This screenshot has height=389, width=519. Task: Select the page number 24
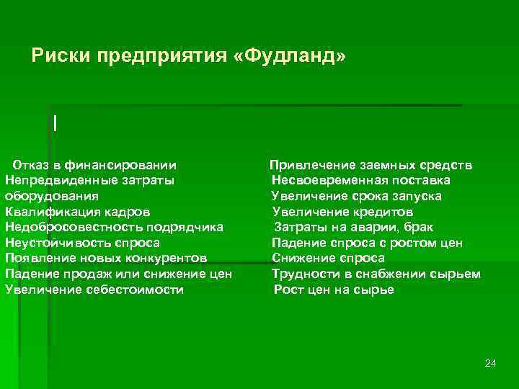[x=491, y=362]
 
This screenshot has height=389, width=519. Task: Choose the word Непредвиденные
[x=52, y=180]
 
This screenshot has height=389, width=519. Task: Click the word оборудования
[x=52, y=196]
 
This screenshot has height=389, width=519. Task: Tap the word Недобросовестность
[x=71, y=227]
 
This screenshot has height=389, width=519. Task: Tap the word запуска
[x=419, y=196]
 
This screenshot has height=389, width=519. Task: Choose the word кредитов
[x=383, y=212]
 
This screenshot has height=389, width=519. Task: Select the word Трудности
[x=303, y=274]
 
